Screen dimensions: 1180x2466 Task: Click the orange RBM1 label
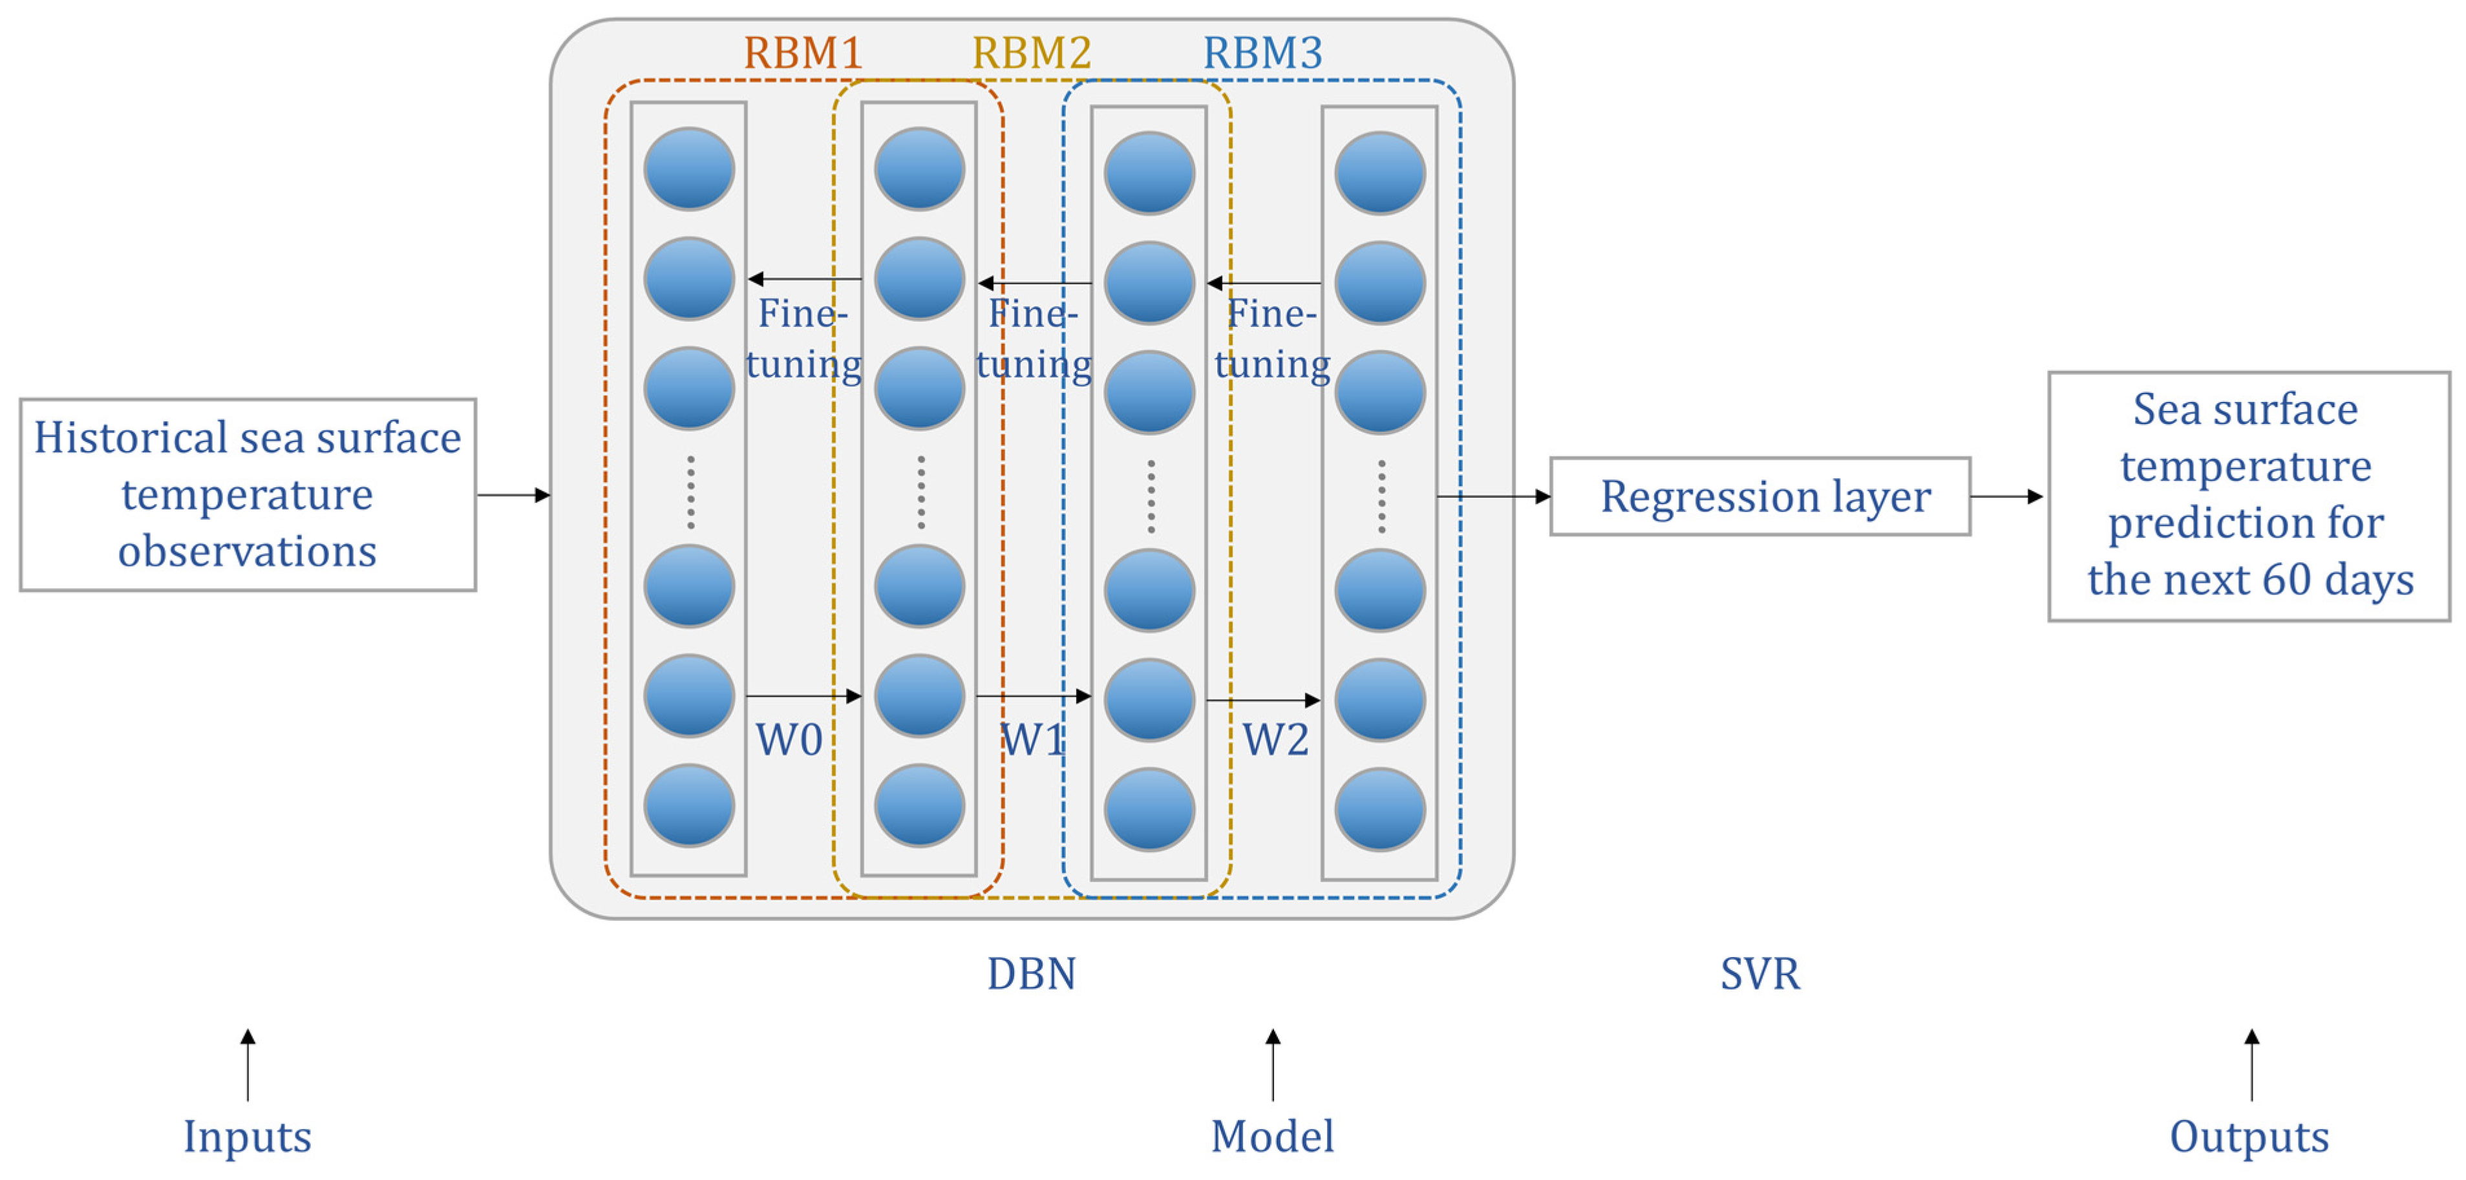coord(802,52)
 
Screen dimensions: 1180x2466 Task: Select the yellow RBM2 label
coord(1031,52)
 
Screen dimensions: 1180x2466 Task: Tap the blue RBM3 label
coord(1262,52)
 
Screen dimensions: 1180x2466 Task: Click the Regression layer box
coord(1759,496)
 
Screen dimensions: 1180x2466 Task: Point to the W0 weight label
coord(789,740)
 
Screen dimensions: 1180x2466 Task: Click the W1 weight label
coord(1032,740)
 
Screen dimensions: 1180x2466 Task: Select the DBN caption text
coord(1031,973)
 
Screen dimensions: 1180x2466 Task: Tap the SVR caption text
coord(1759,973)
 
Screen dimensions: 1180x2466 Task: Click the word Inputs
coord(247,1136)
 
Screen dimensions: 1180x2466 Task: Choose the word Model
coord(1272,1136)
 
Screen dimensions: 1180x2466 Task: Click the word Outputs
coord(2249,1136)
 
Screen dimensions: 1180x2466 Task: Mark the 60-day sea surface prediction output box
coord(2249,496)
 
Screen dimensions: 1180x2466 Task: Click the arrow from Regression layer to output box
coord(2006,496)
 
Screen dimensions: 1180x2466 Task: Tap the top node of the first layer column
coord(689,169)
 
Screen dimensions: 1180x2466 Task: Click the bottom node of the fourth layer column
coord(1379,810)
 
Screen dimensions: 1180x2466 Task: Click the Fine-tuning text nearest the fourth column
coord(1272,339)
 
